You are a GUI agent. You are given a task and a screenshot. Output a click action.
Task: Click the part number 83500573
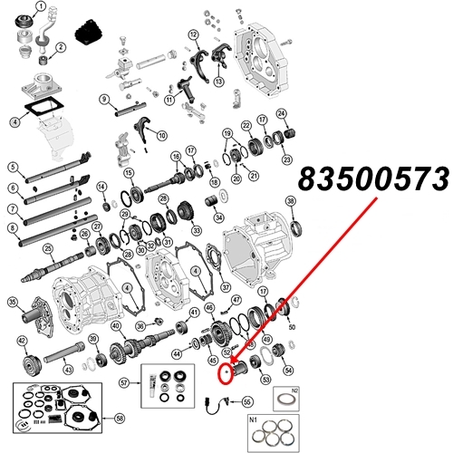coord(372,179)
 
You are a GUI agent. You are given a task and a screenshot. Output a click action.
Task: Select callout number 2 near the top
coord(60,47)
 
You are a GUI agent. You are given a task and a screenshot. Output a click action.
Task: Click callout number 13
coord(218,81)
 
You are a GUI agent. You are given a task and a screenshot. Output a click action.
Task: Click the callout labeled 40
coord(115,326)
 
